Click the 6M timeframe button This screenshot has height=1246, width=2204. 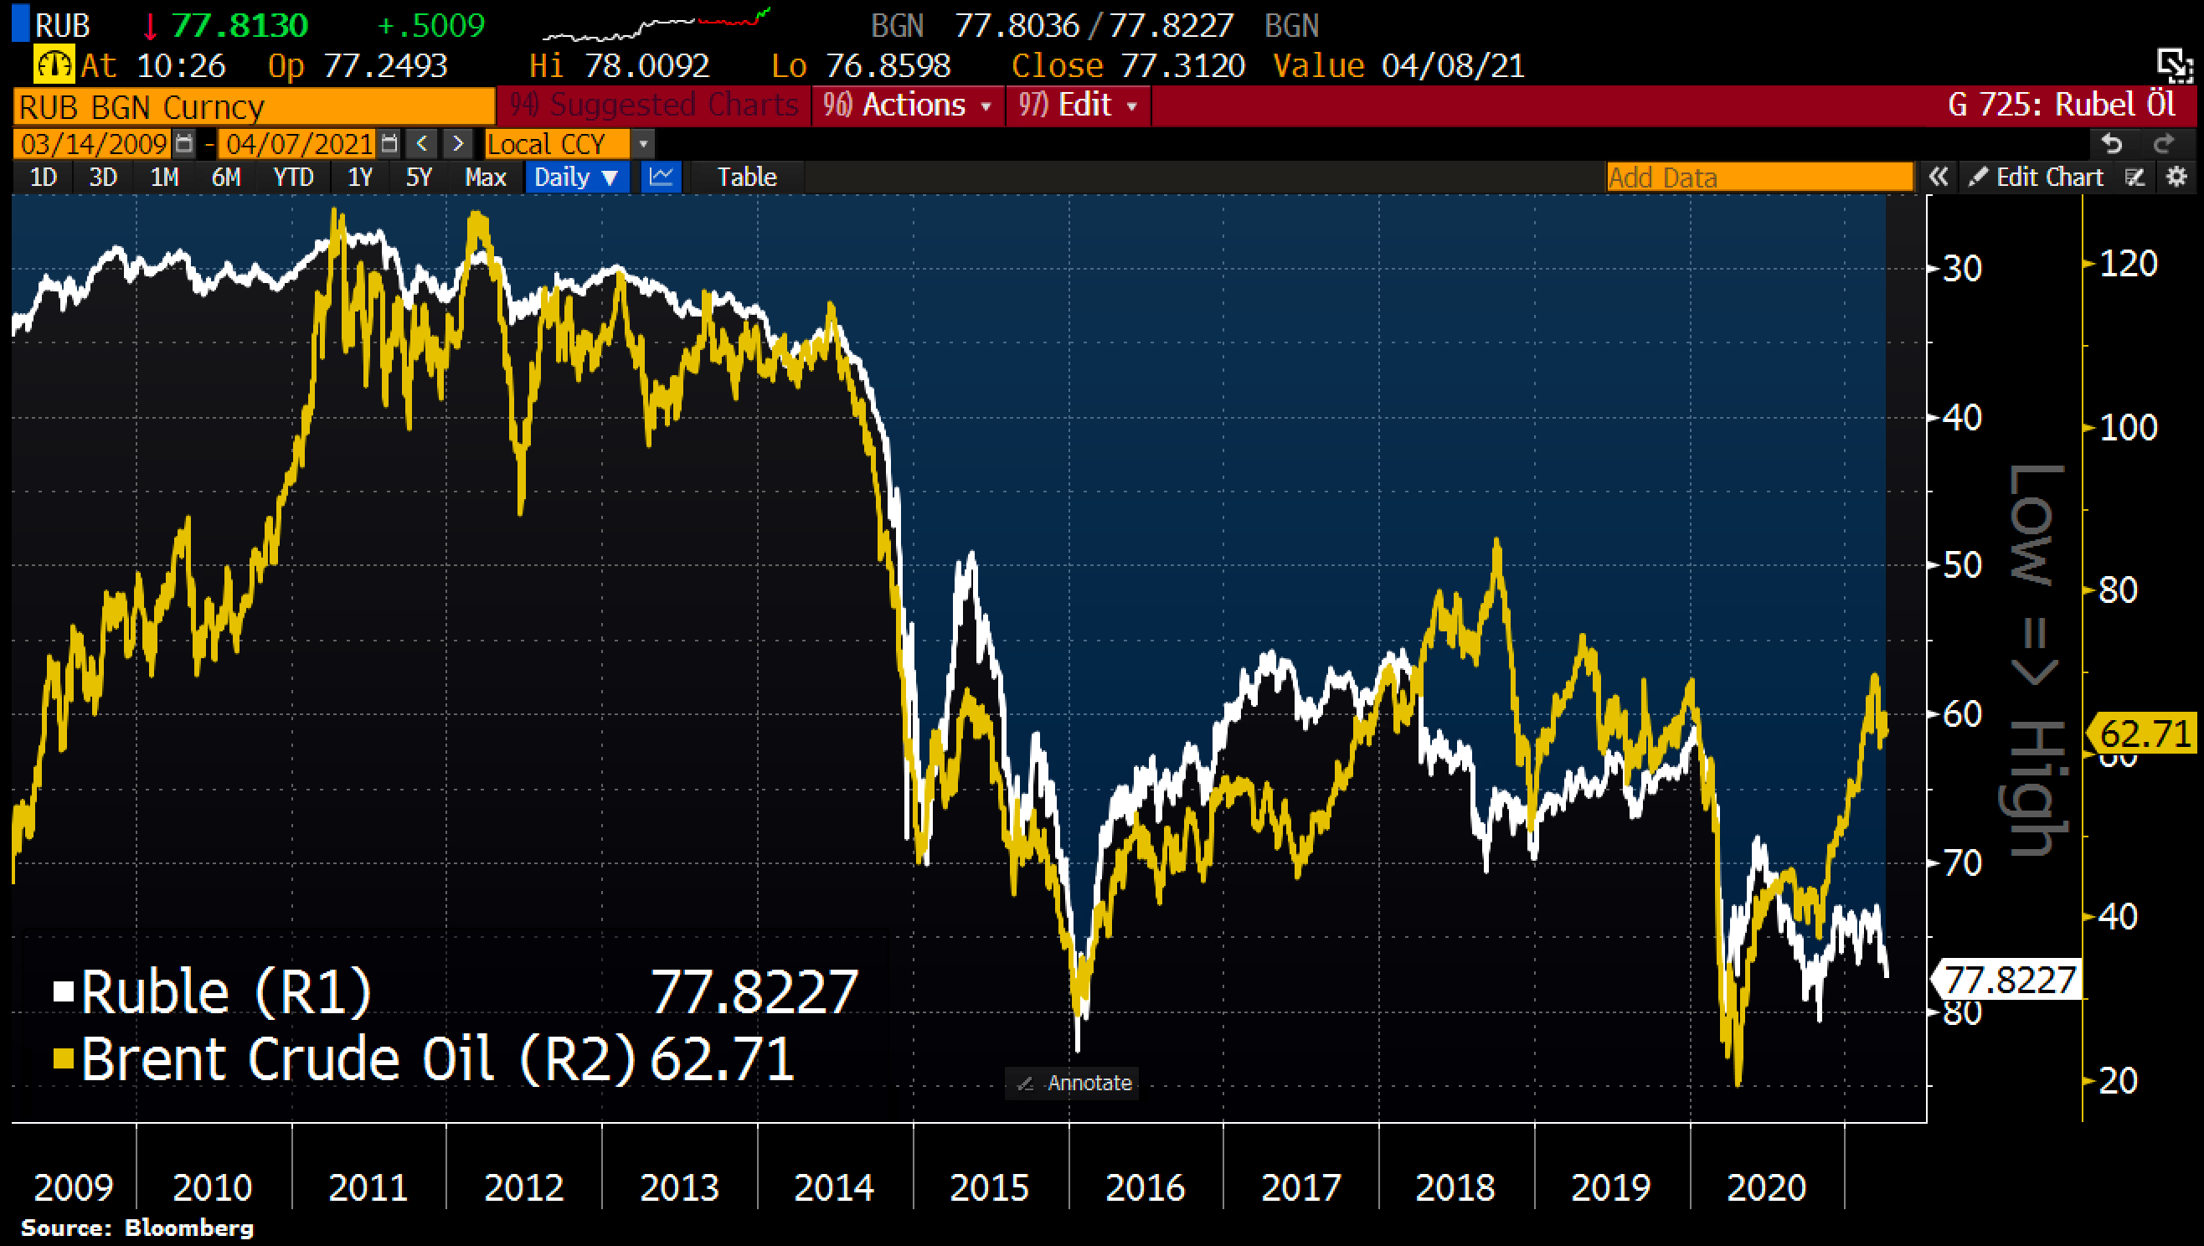click(x=226, y=178)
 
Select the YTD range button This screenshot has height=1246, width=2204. click(x=292, y=178)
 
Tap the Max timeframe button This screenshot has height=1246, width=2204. click(x=485, y=178)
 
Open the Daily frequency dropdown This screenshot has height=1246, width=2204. click(x=576, y=178)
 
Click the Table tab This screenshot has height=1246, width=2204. click(x=746, y=178)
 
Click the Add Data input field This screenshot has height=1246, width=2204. click(x=1759, y=178)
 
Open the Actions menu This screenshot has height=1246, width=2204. click(x=907, y=106)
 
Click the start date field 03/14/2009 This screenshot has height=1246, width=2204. click(x=94, y=144)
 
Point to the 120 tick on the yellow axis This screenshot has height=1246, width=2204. click(x=2129, y=264)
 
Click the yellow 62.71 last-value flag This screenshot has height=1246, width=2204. click(x=2144, y=734)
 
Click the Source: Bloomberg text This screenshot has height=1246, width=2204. click(x=136, y=1228)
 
